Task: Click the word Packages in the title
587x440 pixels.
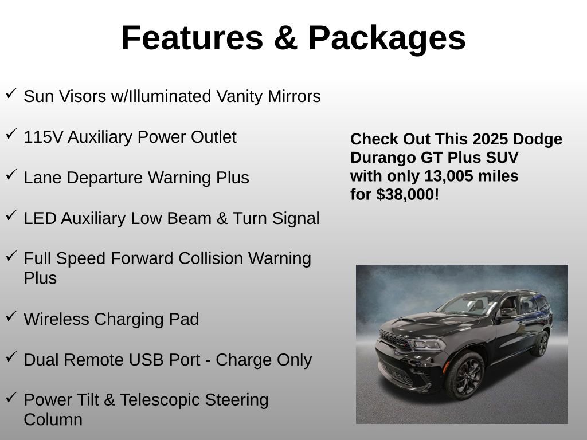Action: coord(387,38)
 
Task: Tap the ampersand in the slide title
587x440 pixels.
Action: coord(285,38)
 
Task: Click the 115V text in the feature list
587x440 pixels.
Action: coord(44,137)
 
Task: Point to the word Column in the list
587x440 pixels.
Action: coord(53,419)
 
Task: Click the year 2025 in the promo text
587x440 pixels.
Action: coord(490,139)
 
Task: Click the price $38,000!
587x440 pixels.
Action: coord(408,194)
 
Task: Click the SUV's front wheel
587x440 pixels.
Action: coord(465,375)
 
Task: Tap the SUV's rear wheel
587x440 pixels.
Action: coord(539,343)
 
